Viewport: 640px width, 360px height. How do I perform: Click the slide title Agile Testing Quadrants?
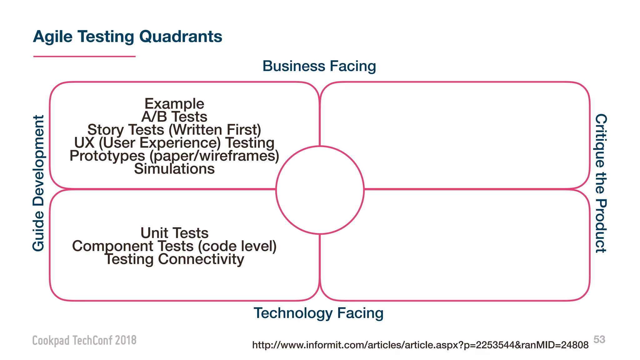127,37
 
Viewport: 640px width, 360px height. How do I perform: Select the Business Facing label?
319,66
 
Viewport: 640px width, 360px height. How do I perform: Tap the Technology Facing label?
318,313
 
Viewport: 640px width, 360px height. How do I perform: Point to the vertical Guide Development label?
38,183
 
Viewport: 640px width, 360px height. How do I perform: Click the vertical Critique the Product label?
601,183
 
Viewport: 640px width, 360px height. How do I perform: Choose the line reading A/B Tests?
174,117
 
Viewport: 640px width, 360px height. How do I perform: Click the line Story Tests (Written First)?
174,130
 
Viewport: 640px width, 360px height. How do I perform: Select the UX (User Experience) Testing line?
174,143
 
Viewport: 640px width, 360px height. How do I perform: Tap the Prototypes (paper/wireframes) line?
174,156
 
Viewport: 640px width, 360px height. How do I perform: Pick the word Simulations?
174,169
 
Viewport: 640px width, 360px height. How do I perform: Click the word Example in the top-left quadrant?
174,104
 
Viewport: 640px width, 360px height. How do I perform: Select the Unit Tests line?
174,233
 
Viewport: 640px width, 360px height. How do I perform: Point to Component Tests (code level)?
174,246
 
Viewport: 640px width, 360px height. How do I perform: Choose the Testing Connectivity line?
174,259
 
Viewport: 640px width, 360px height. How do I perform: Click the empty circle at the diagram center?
320,190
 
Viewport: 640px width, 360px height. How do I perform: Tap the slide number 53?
599,339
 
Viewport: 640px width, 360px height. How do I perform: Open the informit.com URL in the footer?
420,345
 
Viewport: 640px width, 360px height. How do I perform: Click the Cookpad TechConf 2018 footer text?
84,340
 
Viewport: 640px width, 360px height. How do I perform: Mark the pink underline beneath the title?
84,57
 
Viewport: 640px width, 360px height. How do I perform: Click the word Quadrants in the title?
181,37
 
